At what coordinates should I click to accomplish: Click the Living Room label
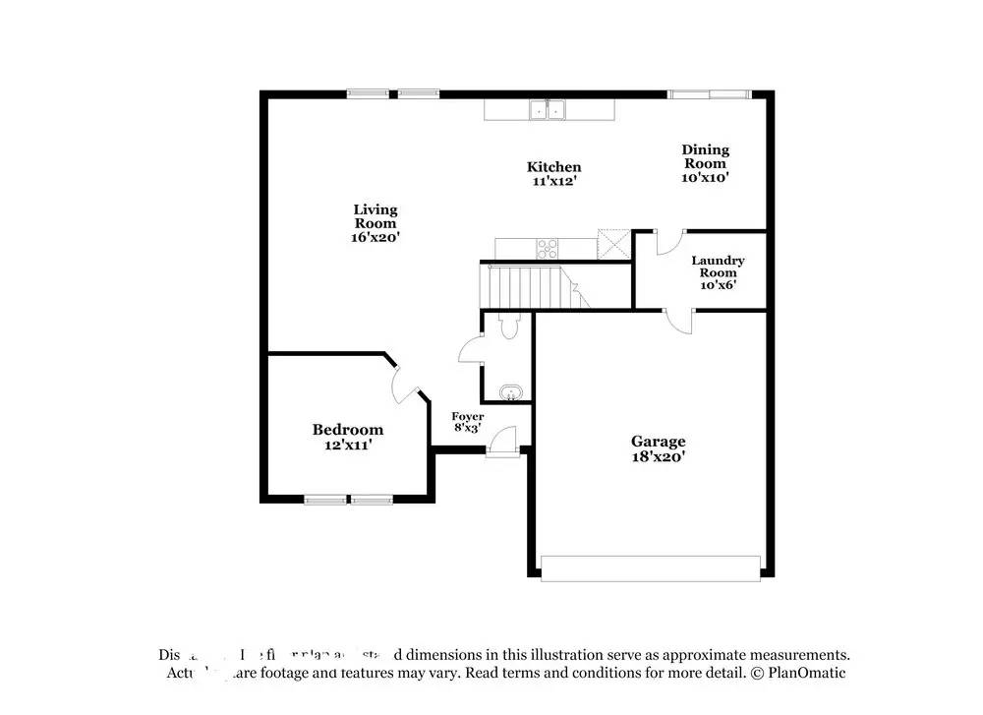coord(376,215)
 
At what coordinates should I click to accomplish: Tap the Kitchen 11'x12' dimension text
coord(553,181)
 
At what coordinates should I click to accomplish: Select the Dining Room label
coord(706,156)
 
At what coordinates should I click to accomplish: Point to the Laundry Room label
coord(718,268)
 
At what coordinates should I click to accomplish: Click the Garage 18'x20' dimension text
coord(658,456)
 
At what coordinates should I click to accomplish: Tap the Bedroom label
coord(347,430)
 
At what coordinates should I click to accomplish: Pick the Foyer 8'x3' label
coord(467,422)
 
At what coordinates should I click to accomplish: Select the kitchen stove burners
coord(548,247)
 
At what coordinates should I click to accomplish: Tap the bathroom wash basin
coord(509,395)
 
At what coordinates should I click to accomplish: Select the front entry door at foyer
coord(501,441)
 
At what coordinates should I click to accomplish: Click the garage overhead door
coord(651,568)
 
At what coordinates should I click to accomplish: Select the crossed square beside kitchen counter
coord(612,243)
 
